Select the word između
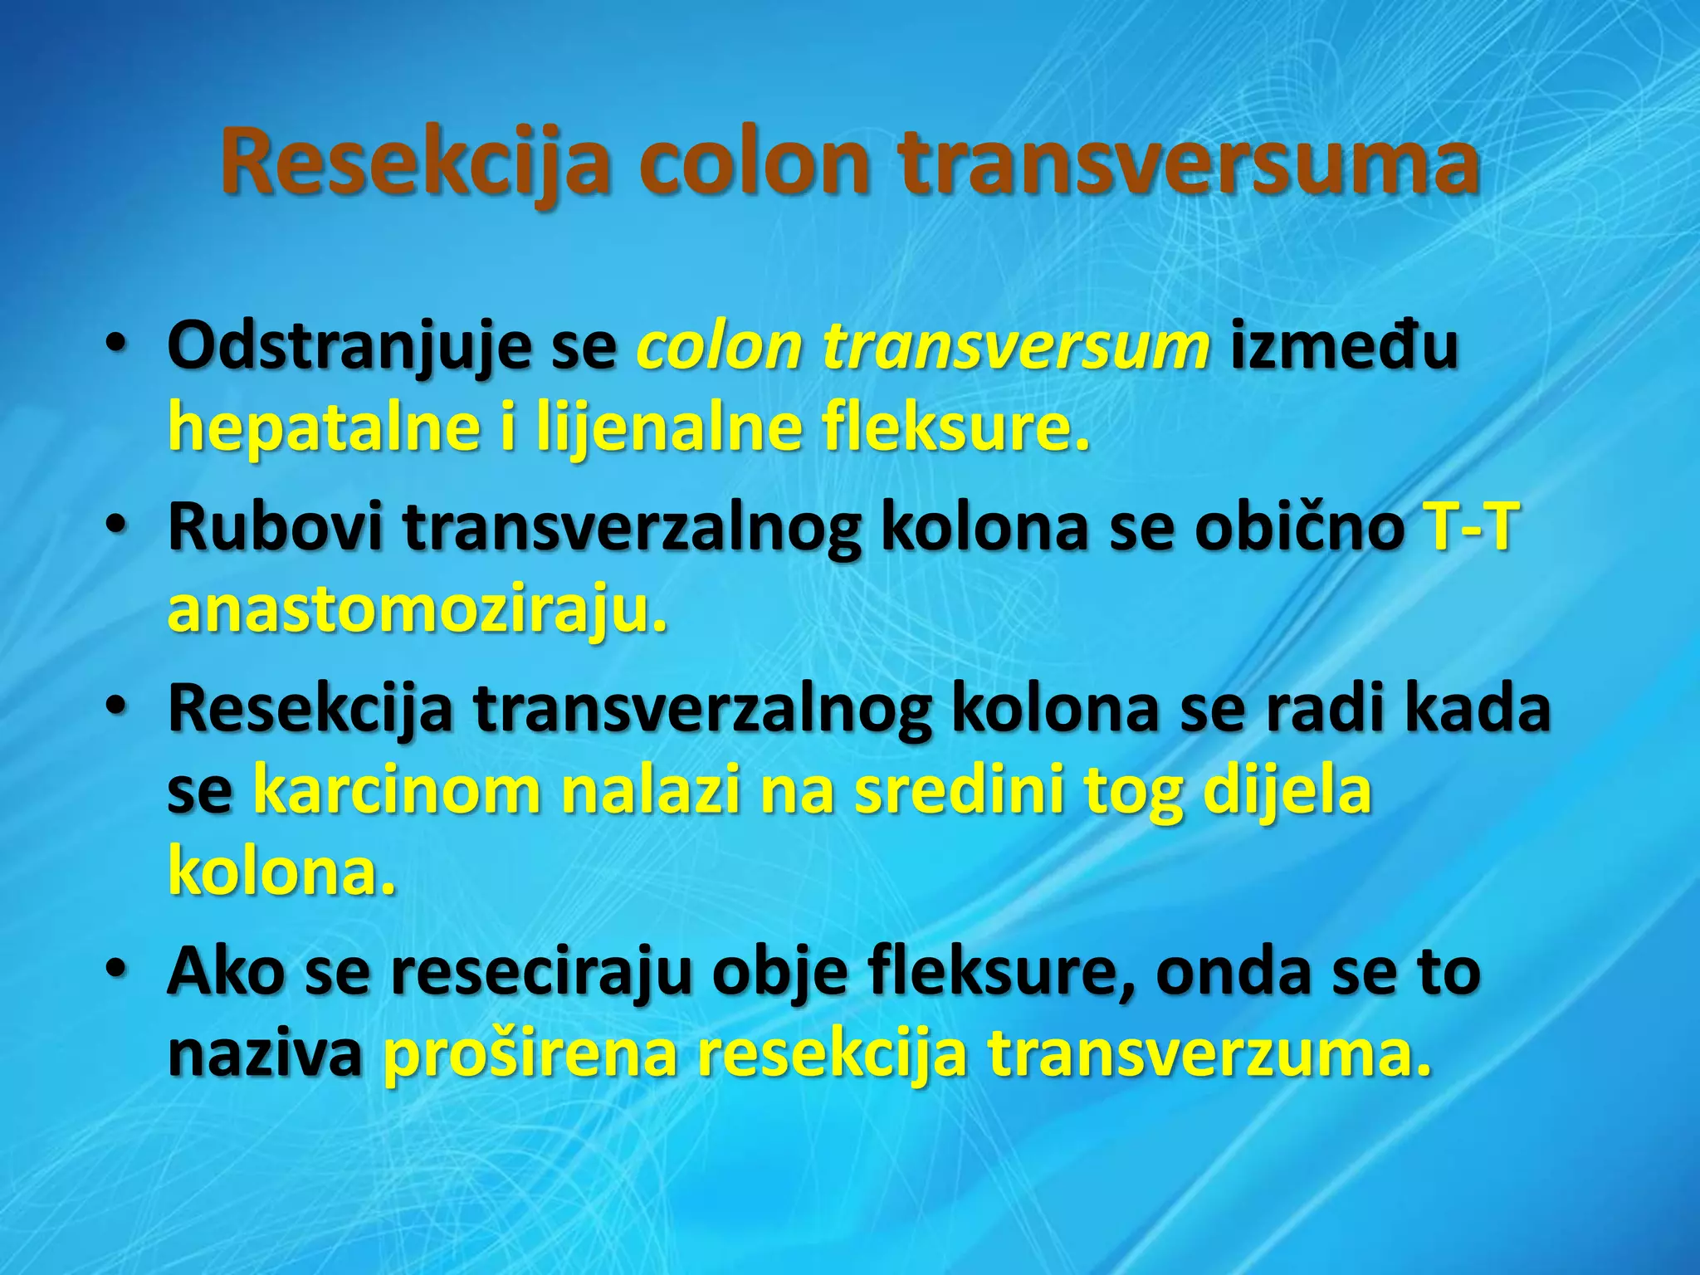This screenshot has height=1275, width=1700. point(1344,347)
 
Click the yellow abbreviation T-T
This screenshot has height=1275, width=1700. point(1471,528)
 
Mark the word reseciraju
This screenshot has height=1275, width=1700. point(540,973)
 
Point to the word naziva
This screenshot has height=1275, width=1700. point(265,1054)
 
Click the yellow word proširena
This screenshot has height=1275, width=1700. point(530,1054)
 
